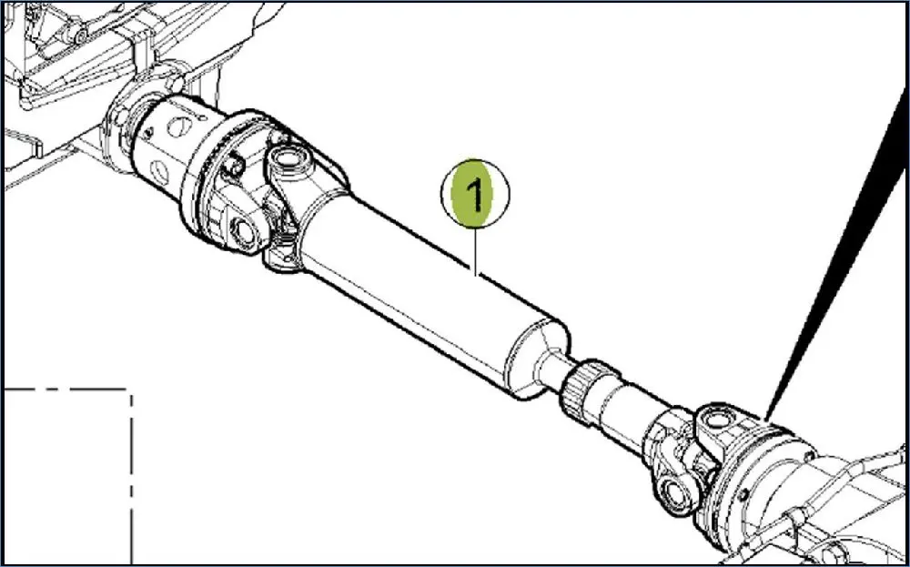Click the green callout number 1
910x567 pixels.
click(475, 194)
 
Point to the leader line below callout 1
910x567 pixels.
click(475, 250)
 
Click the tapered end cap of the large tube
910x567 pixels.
click(537, 359)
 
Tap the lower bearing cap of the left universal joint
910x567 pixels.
click(244, 233)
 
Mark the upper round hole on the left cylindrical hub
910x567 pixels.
click(181, 126)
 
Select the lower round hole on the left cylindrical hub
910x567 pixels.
click(159, 172)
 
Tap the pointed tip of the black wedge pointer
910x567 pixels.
click(765, 420)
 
